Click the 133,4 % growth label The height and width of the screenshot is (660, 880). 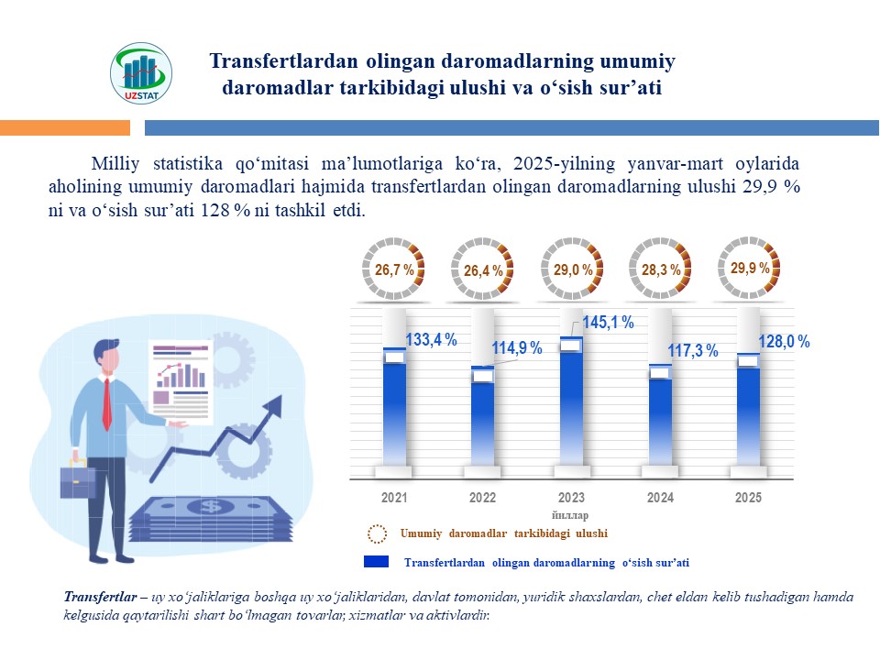click(x=431, y=340)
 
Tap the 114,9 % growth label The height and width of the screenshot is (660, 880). click(x=517, y=348)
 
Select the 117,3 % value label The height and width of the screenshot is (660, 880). click(x=692, y=351)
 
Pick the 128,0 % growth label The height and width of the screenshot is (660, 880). click(x=784, y=342)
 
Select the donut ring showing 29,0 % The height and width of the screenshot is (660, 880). click(x=571, y=269)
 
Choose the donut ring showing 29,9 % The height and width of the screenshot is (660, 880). click(x=750, y=268)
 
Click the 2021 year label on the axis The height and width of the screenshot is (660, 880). click(x=394, y=498)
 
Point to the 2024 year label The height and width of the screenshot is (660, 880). click(x=660, y=498)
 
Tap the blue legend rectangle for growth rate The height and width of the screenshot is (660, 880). click(x=377, y=561)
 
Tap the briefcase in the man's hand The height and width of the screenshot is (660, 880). click(x=78, y=479)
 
